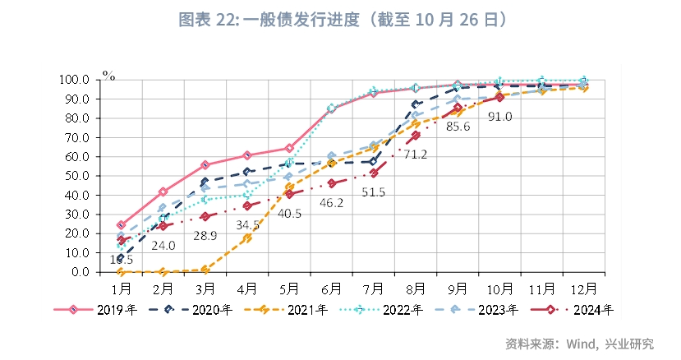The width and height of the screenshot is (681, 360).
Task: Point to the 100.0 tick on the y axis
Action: click(75, 80)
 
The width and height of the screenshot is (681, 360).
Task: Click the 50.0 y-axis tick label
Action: click(78, 176)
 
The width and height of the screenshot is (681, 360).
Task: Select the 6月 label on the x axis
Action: click(332, 288)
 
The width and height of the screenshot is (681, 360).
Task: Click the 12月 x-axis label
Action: click(584, 288)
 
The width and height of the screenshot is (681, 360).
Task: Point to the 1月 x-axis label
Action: click(122, 288)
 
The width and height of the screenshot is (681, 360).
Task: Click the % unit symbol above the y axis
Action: click(108, 76)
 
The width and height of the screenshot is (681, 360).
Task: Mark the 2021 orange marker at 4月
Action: click(246, 238)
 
